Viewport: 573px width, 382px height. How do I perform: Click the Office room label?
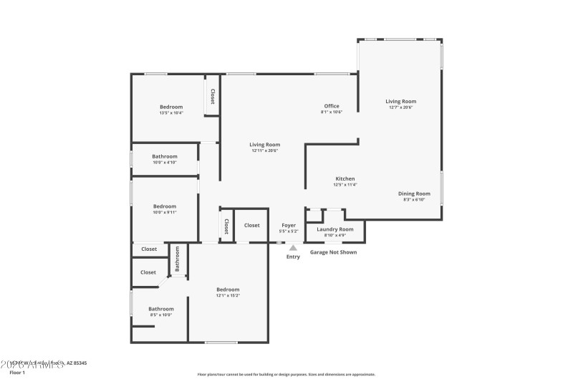[331, 106]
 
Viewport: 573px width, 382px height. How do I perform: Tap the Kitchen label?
[345, 178]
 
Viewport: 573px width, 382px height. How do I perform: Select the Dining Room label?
[414, 194]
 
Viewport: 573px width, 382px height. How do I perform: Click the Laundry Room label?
[335, 229]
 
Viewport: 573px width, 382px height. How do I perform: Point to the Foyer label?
[288, 225]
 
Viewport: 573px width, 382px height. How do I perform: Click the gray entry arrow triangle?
[293, 248]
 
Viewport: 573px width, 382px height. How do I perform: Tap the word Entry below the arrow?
[293, 257]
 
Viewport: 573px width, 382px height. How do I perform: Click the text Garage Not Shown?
[333, 252]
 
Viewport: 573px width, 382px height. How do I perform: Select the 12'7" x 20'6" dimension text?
[402, 108]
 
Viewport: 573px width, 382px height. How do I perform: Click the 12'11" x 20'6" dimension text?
[264, 151]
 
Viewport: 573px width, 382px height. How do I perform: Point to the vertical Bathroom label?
[178, 259]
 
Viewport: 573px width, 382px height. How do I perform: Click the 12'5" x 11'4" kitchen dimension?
[345, 185]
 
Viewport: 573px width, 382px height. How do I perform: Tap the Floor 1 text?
[16, 373]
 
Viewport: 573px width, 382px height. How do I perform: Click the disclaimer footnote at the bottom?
[286, 374]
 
